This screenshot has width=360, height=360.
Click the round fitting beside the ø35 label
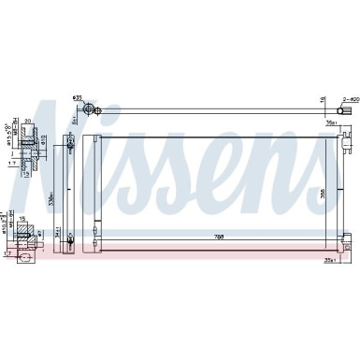[91, 111]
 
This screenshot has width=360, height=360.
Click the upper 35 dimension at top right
[328, 122]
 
